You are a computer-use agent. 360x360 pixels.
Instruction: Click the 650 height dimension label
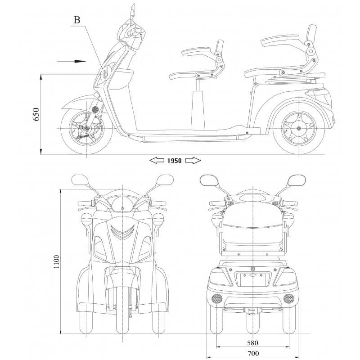click(x=36, y=115)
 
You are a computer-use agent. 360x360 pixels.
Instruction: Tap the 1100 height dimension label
click(x=56, y=262)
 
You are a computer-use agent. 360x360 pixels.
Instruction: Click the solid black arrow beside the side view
click(x=75, y=60)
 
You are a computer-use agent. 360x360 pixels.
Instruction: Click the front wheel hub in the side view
click(x=85, y=129)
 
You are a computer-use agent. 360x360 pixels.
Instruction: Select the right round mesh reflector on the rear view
click(x=289, y=297)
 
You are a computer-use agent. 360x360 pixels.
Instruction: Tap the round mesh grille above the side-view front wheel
click(x=95, y=109)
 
